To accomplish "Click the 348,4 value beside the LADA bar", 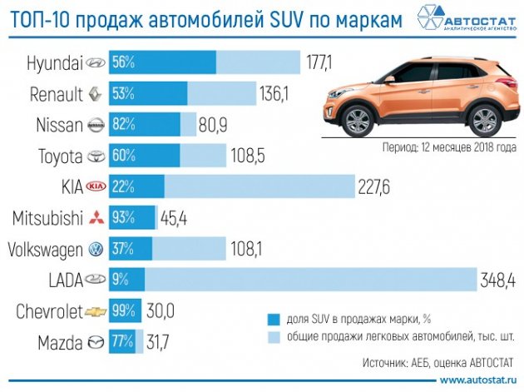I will [496, 280].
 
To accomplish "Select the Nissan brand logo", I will [97, 125].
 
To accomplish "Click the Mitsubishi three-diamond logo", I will [97, 218].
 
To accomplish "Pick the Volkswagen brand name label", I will [45, 249].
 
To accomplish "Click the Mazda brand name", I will [60, 342].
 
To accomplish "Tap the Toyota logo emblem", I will [97, 156].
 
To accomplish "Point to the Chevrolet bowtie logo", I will [97, 311].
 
